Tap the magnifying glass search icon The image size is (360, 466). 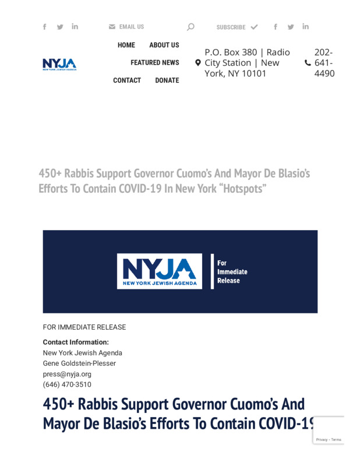coord(190,27)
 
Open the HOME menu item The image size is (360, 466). coord(126,45)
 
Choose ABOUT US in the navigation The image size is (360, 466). coord(164,45)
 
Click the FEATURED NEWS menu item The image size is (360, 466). coord(154,62)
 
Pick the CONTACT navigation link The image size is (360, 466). coord(127,80)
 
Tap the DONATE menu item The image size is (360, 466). coord(167,80)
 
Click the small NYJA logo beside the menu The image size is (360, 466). coord(59,63)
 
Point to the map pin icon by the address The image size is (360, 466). coord(198,63)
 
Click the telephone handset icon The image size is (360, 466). coord(308,63)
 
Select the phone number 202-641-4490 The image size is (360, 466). coord(324,63)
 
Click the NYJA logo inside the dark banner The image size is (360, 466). coord(159,271)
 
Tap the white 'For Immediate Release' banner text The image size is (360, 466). coord(232,271)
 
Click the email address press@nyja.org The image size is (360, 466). coord(67,374)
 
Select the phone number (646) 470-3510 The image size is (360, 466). coord(67,384)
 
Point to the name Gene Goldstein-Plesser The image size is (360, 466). coord(79,363)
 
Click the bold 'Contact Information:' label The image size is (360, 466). coord(76,342)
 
